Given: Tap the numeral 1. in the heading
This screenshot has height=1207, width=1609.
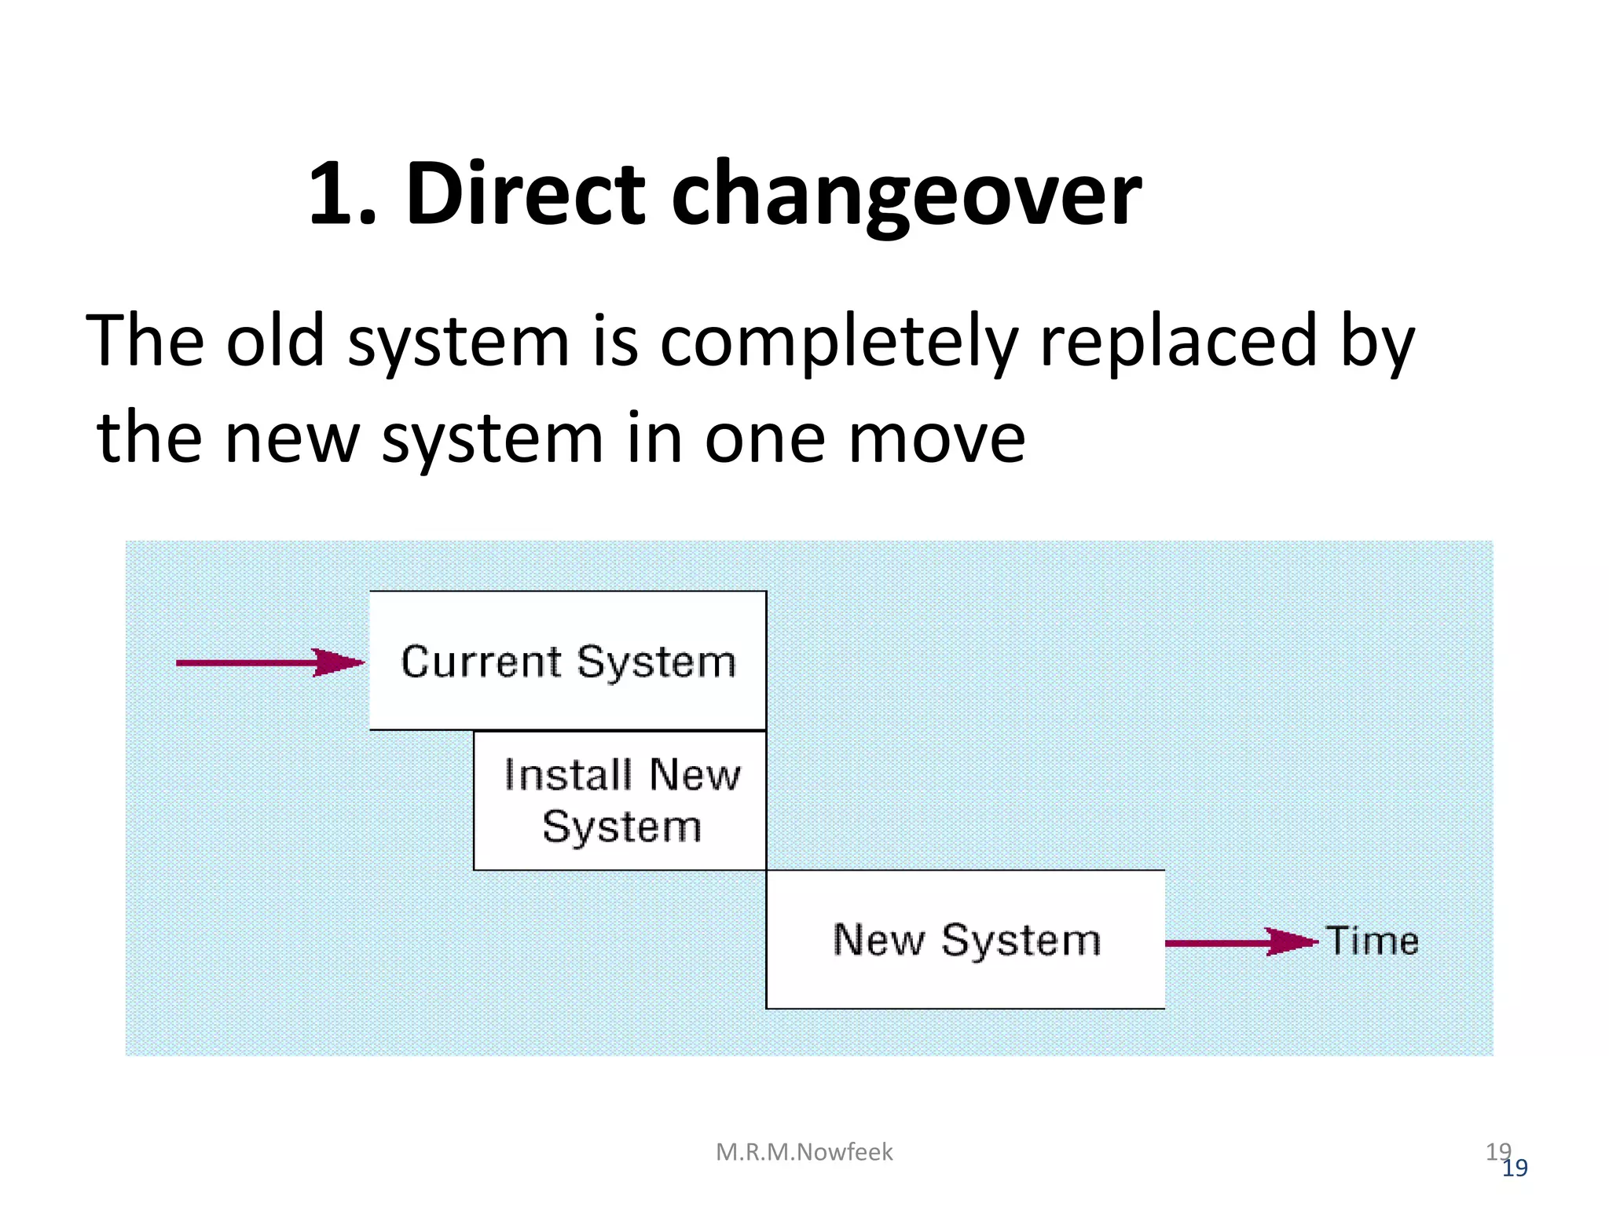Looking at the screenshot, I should coord(343,194).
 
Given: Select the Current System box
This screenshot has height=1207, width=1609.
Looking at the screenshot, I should coord(567,660).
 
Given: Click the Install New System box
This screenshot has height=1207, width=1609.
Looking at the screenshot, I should coord(620,800).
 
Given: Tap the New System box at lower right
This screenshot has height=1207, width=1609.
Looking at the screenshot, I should coord(965,939).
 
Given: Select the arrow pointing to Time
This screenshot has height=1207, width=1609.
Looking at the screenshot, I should coord(1241,941).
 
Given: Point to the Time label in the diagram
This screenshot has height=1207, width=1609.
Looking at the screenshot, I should coord(1373,941).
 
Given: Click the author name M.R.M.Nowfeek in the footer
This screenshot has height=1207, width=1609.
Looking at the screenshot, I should coord(804,1152).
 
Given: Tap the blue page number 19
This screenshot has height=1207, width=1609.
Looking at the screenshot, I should coord(1515,1168).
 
